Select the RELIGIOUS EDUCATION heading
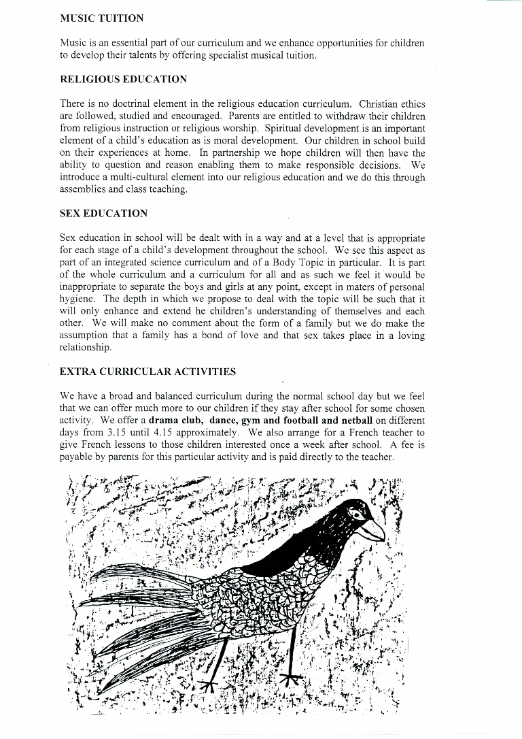tap(123, 80)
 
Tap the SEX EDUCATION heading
tap(103, 214)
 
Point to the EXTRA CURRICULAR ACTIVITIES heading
tap(147, 372)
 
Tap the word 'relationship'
tap(85, 347)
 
